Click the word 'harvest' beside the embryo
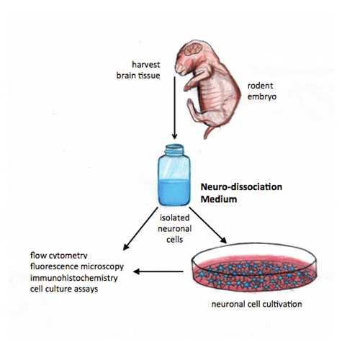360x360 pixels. pos(146,65)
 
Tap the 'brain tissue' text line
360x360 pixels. pos(138,76)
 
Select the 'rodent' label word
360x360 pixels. pos(260,86)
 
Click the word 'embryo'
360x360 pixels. pos(262,96)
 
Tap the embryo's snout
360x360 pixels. pos(179,69)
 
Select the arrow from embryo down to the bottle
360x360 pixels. pos(175,107)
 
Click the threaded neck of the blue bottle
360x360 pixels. pos(175,150)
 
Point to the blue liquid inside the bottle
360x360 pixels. pos(174,192)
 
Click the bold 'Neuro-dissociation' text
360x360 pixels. pos(241,187)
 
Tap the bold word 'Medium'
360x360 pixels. pos(219,199)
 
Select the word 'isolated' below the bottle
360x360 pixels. pos(175,217)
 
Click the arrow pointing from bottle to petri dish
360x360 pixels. pos(208,225)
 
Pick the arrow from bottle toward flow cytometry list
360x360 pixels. pos(140,228)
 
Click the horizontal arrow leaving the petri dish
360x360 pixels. pos(158,271)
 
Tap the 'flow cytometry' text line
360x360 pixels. pos(59,256)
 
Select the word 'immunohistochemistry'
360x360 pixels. pos(74,278)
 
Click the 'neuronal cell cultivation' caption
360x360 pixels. pos(256,304)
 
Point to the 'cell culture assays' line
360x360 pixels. pos(64,289)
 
